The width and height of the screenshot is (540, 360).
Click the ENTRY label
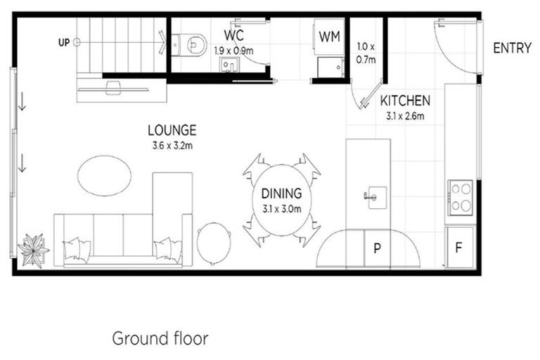512,49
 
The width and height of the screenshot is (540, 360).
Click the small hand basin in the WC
229,65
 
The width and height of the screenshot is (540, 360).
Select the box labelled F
459,247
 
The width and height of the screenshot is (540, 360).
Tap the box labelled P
377,248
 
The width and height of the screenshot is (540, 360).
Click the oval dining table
281,200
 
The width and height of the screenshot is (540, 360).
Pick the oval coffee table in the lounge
104,175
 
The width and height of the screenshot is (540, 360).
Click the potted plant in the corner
33,250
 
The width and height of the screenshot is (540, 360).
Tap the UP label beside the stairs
64,43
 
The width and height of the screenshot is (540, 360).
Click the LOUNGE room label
172,130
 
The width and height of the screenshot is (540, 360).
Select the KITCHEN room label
405,101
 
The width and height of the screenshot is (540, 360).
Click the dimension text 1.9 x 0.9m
234,51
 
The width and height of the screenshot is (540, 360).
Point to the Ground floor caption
160,338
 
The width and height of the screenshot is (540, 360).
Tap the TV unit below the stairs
112,88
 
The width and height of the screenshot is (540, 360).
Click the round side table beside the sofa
214,243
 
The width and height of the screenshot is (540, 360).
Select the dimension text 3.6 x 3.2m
172,146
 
